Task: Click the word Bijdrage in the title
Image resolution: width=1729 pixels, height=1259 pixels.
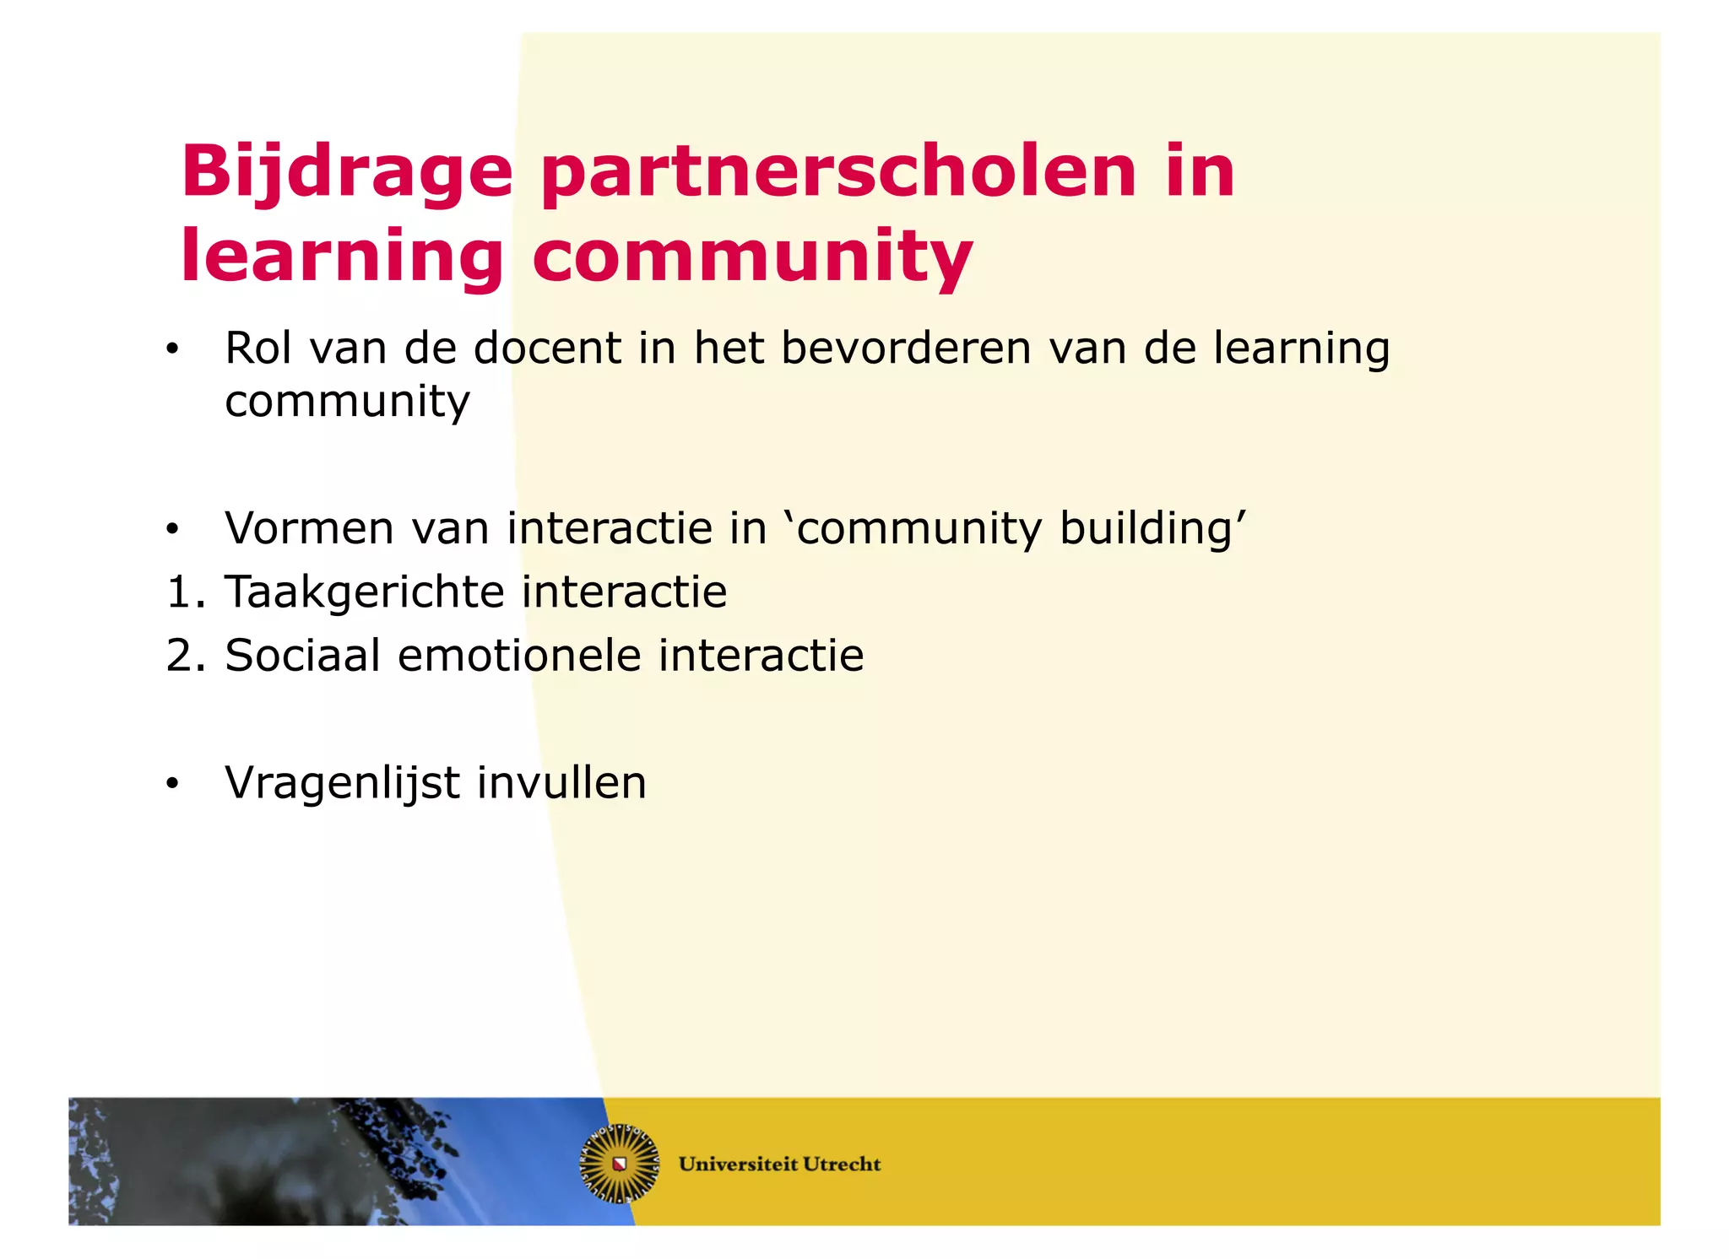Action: [346, 173]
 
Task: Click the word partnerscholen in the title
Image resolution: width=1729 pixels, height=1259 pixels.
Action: [838, 173]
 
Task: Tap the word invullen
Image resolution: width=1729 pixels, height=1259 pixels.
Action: [561, 783]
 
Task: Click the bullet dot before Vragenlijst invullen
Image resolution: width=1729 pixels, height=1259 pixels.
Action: [172, 784]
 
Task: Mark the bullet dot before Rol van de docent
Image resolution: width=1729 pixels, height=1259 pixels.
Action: [172, 349]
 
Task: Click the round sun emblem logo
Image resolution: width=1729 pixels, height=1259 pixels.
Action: [619, 1164]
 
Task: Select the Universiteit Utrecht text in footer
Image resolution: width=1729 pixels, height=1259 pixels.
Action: [779, 1164]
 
